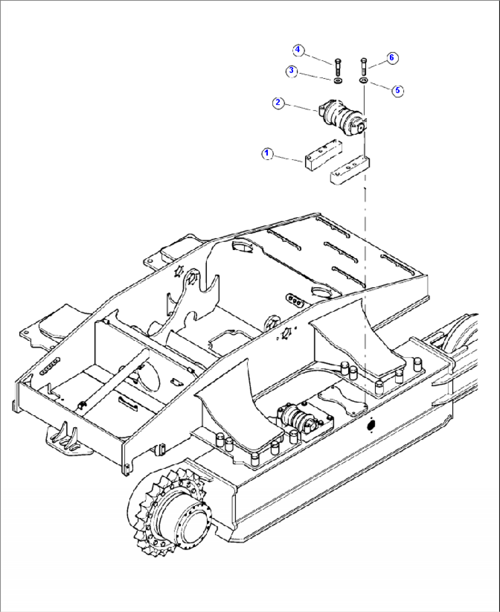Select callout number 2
pyautogui.click(x=278, y=102)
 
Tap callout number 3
pyautogui.click(x=291, y=71)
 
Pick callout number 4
pyautogui.click(x=298, y=50)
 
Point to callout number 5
pyautogui.click(x=397, y=90)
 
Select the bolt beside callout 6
pyautogui.click(x=364, y=66)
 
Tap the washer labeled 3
pyautogui.click(x=338, y=81)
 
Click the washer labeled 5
pyautogui.click(x=363, y=81)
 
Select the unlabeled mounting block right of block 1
pyautogui.click(x=350, y=170)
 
